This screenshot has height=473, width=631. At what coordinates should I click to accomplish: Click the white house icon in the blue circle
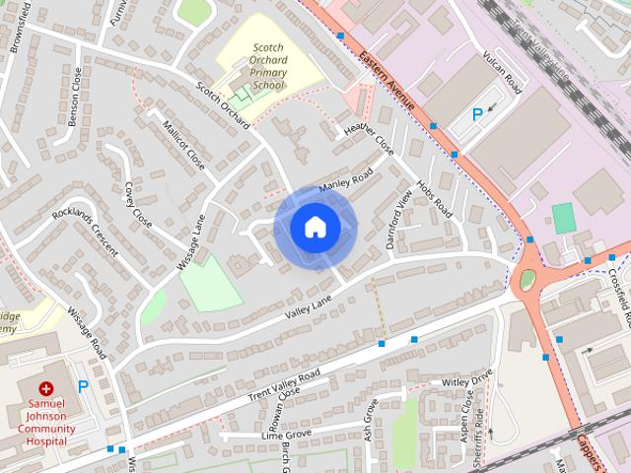click(x=315, y=227)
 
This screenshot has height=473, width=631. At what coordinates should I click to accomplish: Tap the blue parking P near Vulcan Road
click(x=477, y=114)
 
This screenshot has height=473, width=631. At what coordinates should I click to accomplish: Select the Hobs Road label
click(x=434, y=197)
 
